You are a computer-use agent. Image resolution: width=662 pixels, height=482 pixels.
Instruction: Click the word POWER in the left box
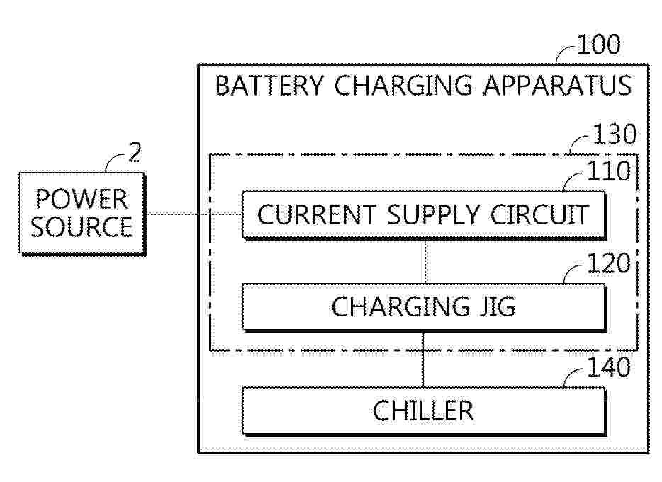click(x=81, y=199)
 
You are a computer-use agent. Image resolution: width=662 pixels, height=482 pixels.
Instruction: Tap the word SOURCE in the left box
click(x=82, y=227)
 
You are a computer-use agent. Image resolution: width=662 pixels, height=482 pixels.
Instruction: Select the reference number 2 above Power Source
click(x=135, y=153)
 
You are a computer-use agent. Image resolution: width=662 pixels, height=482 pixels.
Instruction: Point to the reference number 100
click(x=599, y=45)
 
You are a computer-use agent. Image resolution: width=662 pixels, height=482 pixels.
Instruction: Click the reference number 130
click(x=615, y=134)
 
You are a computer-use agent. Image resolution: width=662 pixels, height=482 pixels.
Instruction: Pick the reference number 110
click(x=609, y=171)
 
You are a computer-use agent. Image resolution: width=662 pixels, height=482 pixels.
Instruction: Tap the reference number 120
click(x=609, y=263)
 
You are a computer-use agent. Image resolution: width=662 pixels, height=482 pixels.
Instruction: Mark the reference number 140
click(x=609, y=367)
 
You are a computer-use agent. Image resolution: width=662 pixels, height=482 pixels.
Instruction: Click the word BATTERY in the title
click(x=269, y=86)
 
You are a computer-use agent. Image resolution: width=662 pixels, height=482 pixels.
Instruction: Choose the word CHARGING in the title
click(x=403, y=86)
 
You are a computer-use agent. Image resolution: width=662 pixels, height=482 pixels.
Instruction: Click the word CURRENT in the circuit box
click(x=317, y=214)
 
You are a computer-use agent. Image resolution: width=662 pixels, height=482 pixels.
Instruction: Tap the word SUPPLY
click(x=433, y=214)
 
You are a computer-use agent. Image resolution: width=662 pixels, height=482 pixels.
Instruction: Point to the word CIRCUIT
click(x=539, y=214)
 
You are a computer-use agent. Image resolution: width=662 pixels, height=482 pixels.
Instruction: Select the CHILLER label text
click(x=423, y=411)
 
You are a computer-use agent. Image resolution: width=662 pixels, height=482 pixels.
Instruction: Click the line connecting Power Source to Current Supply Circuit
click(x=193, y=214)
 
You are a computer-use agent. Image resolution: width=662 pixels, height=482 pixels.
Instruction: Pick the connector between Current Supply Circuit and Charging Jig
click(x=425, y=261)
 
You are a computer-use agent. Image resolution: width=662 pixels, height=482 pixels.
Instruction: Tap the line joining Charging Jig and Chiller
click(x=423, y=359)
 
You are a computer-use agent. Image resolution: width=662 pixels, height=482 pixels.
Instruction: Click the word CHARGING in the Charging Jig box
click(x=400, y=306)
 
